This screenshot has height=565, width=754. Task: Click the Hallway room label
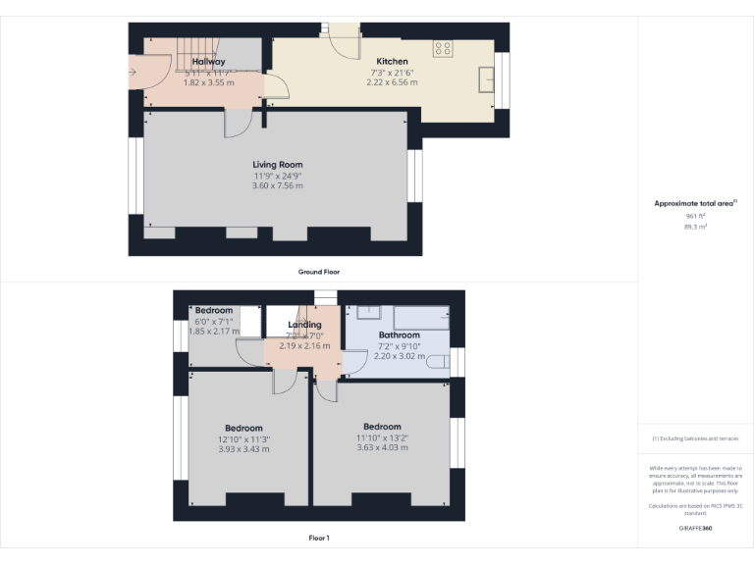tap(208, 62)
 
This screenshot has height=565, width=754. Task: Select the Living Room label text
tap(278, 165)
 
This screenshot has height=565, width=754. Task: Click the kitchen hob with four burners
tap(443, 47)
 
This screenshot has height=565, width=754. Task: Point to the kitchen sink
tap(486, 78)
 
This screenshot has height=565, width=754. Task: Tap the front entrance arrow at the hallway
tap(135, 71)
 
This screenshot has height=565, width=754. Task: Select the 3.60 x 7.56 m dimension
tap(278, 186)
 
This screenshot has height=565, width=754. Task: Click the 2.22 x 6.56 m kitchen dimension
tap(393, 83)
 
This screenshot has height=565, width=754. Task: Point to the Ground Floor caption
tap(319, 272)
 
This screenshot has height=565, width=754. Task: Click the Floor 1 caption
tap(319, 538)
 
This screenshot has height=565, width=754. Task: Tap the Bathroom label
tap(401, 335)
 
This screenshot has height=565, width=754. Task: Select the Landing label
tap(304, 325)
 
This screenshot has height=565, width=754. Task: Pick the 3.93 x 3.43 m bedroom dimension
tap(243, 449)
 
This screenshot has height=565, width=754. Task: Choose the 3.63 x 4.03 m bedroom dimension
tap(382, 448)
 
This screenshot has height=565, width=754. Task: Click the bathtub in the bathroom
tap(421, 318)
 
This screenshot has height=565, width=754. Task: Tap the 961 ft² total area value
tap(695, 216)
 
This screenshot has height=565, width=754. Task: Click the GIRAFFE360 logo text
tap(695, 529)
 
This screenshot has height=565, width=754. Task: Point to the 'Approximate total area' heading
tap(694, 203)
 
